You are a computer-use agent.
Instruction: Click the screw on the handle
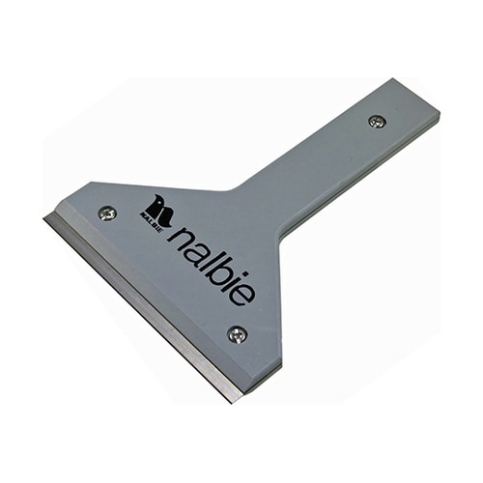[x=378, y=121]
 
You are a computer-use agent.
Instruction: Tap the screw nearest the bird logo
[x=107, y=213]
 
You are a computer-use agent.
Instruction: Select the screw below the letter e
[x=238, y=334]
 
